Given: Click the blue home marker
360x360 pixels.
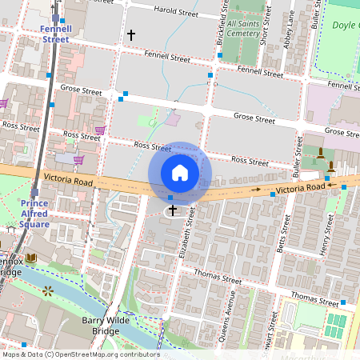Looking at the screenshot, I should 180,172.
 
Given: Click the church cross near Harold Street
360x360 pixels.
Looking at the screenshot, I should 131,35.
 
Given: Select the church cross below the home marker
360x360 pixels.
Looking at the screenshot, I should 172,210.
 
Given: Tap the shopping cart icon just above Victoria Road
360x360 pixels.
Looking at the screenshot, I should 79,159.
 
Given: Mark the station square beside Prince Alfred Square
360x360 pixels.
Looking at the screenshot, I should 34,192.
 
